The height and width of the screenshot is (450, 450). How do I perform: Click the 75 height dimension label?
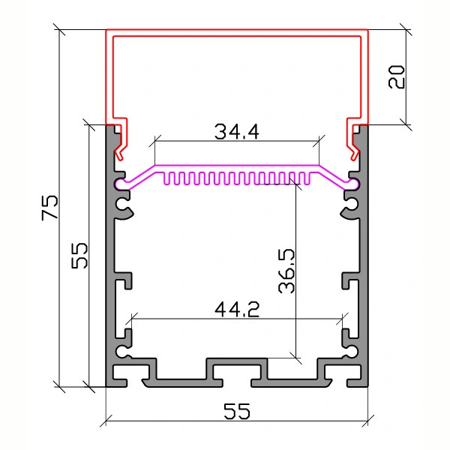tap(49, 208)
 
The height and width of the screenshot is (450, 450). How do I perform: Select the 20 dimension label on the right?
tap(396, 76)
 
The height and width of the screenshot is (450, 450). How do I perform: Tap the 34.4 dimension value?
tap(237, 132)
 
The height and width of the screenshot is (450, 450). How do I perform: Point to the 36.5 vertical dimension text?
tap(286, 271)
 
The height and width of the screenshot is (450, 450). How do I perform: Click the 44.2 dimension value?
tap(237, 309)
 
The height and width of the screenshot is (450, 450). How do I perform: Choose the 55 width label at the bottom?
tap(237, 411)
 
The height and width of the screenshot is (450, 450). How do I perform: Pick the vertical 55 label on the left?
tap(79, 256)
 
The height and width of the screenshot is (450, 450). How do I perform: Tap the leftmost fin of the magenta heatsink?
tap(166, 178)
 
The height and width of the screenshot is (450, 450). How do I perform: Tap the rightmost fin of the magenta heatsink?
tap(307, 178)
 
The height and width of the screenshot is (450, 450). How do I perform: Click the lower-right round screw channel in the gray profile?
tap(351, 351)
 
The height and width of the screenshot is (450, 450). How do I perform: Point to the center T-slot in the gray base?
tap(237, 372)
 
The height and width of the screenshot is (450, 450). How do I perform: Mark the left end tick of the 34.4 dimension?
tap(154, 141)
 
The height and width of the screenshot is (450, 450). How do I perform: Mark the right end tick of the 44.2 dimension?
tap(343, 319)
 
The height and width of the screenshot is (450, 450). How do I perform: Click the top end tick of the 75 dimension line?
tap(59, 29)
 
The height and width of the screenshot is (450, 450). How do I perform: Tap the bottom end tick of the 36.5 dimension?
tap(295, 358)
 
